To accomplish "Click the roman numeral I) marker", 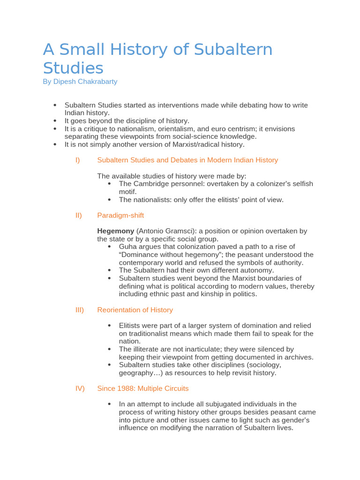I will coord(78,160).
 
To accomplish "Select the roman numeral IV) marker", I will coord(80,388).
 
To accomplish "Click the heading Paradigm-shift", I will coord(120,215).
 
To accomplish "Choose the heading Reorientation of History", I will coord(135,310).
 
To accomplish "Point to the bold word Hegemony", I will coord(116,231).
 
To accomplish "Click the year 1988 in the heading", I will coord(125,388).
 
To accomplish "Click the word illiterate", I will coord(149,349).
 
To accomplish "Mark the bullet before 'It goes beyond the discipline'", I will coord(55,120).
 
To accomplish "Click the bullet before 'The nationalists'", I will coord(109,199).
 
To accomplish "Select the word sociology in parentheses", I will coord(264,365).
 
